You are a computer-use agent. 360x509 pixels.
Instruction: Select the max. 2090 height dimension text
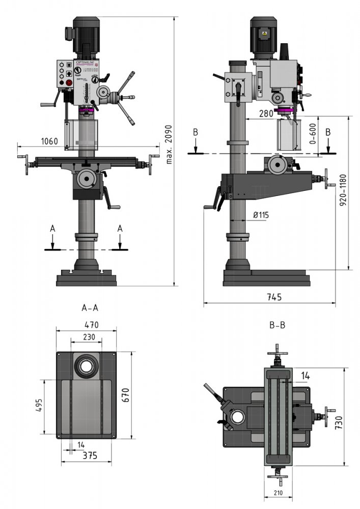[169, 144]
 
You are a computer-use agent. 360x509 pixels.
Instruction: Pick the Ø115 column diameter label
[261, 215]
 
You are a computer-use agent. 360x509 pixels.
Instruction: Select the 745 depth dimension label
[274, 297]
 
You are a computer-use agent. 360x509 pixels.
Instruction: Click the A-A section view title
[90, 308]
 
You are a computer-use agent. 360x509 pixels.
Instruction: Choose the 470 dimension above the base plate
[91, 325]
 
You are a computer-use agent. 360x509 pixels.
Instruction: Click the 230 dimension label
[90, 336]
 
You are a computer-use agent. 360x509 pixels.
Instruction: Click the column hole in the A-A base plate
[86, 364]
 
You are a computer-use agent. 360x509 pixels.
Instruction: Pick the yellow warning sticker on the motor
[264, 34]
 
